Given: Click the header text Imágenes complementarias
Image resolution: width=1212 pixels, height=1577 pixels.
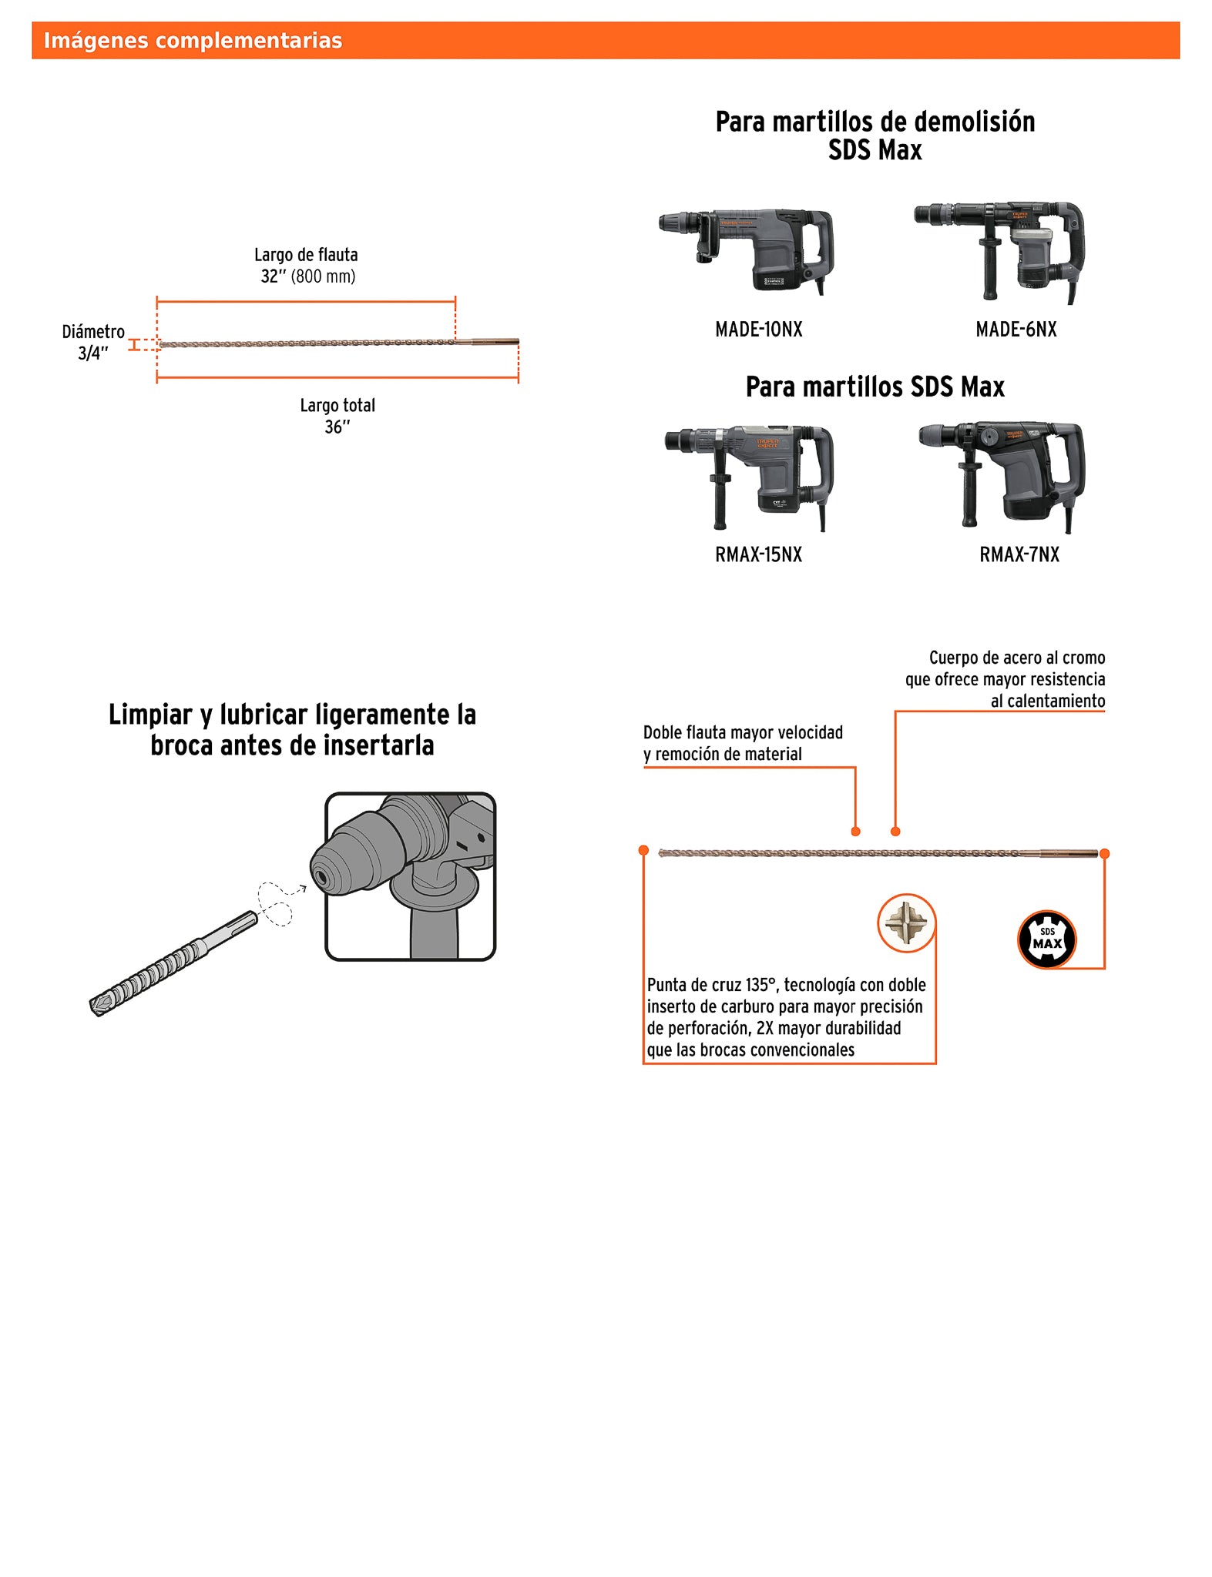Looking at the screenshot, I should [193, 41].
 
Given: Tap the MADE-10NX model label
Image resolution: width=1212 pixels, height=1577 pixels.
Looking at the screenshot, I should [758, 330].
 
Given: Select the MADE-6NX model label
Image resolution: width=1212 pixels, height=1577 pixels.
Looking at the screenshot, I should [1016, 330].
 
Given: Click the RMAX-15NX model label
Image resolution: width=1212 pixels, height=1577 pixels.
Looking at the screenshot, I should [758, 554].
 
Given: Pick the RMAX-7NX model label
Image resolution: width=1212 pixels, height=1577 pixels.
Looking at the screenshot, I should [1019, 554].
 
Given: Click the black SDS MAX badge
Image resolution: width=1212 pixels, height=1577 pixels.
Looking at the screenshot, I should [1046, 939].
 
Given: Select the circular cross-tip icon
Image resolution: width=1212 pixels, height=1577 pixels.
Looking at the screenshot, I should [906, 922].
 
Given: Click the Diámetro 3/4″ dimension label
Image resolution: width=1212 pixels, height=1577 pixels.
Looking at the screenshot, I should [93, 343].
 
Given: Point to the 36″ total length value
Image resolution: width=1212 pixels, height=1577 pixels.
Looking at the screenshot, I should [337, 427].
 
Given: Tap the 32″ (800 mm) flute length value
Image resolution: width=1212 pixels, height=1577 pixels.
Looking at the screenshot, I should [307, 276].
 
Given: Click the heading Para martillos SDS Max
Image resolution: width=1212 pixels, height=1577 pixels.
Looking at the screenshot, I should [875, 387].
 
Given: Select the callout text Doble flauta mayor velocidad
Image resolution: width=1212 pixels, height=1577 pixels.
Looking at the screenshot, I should [743, 733].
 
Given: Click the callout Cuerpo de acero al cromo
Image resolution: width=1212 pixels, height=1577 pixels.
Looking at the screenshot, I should [1016, 658].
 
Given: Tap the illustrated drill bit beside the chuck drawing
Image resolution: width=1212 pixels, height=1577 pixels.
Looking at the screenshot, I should [173, 963].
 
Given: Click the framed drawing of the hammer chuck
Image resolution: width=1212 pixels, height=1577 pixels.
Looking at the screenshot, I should [410, 876].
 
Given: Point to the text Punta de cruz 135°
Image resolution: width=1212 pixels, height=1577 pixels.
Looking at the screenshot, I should [709, 985].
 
